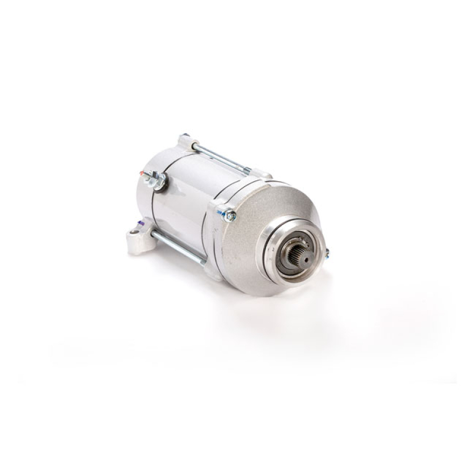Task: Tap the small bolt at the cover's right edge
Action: tap(326, 253)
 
